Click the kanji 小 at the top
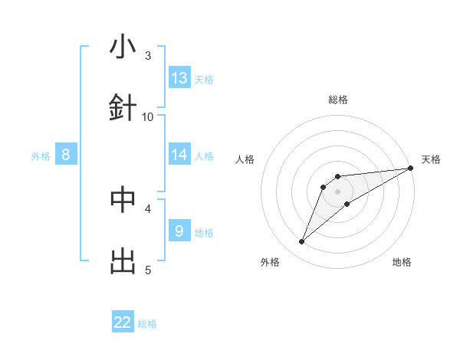(123, 48)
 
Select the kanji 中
(123, 199)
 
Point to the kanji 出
(123, 262)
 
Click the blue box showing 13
(179, 78)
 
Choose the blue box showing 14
(179, 155)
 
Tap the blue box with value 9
(179, 231)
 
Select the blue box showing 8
(66, 155)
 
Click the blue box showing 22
(123, 322)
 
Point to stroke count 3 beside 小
(148, 55)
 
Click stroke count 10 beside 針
(148, 116)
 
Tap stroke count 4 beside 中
(148, 208)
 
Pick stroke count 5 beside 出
(148, 270)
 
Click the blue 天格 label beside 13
(204, 79)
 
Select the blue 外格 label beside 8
(41, 155)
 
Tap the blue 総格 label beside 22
(147, 323)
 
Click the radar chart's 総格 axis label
(338, 100)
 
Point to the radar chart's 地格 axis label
(402, 262)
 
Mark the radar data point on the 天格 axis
(410, 169)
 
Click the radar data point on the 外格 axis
(302, 242)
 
